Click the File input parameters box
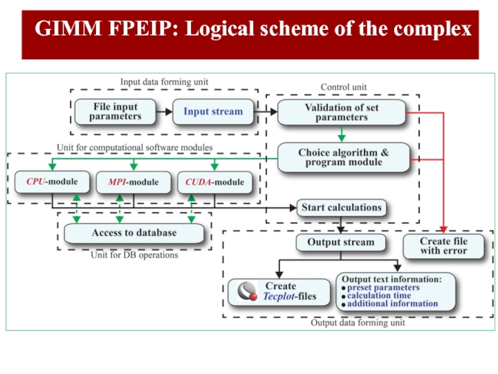click(x=115, y=112)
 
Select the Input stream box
click(x=213, y=112)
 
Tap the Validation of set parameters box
click(x=341, y=113)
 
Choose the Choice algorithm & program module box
click(x=343, y=158)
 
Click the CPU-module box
click(x=52, y=183)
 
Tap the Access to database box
click(x=134, y=233)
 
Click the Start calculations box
click(x=341, y=207)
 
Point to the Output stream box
click(x=341, y=242)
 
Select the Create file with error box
click(x=443, y=246)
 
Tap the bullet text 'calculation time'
click(x=378, y=295)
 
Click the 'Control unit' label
click(x=344, y=87)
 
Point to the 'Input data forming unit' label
click(x=164, y=82)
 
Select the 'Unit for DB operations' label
click(x=134, y=255)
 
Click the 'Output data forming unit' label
click(x=357, y=323)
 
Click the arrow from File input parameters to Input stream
click(x=164, y=112)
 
